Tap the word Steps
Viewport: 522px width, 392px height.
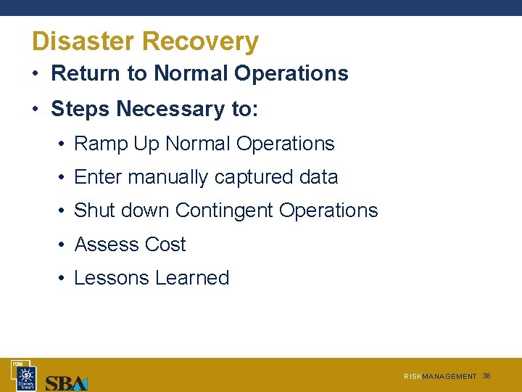click(x=80, y=109)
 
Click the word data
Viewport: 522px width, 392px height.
click(x=318, y=177)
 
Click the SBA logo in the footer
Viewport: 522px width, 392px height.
click(x=66, y=382)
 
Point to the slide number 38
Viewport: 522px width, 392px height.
click(x=486, y=376)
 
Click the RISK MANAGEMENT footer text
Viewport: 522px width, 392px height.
click(x=440, y=377)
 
